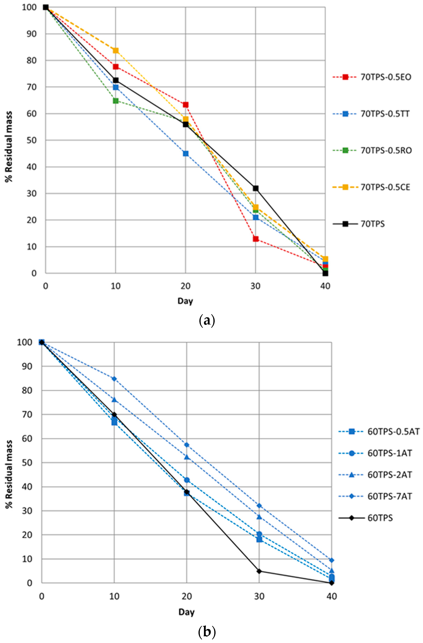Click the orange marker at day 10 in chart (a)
pos(115,50)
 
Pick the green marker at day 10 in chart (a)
pos(115,101)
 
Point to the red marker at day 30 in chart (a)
pos(256,239)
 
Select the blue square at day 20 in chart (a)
pos(186,153)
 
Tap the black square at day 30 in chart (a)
pos(256,188)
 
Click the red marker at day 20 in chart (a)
pos(186,104)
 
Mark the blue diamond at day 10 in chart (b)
pos(114,379)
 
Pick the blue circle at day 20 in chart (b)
pos(187,480)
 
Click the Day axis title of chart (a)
pos(185,301)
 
